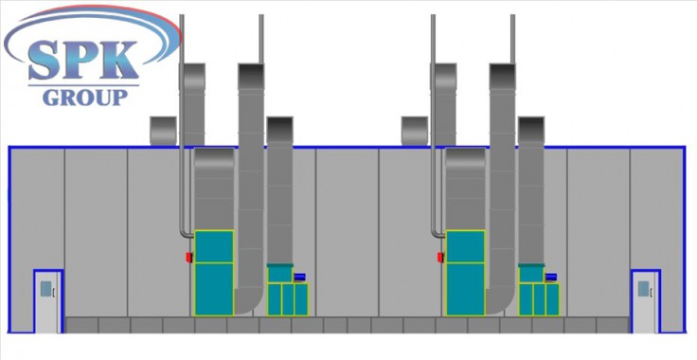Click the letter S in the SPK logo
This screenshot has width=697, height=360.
tap(44, 61)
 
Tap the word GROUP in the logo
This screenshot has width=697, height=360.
tap(85, 98)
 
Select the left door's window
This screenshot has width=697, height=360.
tap(45, 288)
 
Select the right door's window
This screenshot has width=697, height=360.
tap(643, 288)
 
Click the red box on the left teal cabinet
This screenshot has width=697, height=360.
tap(188, 257)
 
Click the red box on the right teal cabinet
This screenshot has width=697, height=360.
tap(440, 257)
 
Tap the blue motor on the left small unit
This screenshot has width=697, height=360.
tap(299, 277)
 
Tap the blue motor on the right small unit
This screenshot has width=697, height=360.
tap(551, 277)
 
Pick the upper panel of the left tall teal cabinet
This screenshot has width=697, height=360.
tap(214, 246)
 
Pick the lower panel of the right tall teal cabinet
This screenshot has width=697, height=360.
tap(465, 289)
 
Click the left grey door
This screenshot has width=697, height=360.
tap(47, 302)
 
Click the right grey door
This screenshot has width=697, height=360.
tap(645, 302)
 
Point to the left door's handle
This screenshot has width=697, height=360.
tap(54, 292)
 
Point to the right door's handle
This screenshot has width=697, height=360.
tap(652, 292)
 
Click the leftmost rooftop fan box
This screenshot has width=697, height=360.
tap(163, 131)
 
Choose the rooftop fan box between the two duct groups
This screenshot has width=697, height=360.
tap(415, 131)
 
